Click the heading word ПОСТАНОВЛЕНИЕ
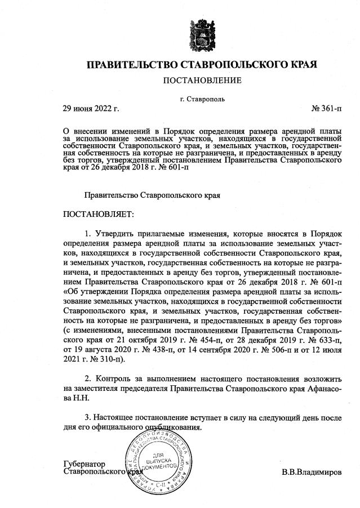[x=202, y=81]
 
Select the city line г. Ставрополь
[x=202, y=99]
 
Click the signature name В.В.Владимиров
[x=312, y=471]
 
